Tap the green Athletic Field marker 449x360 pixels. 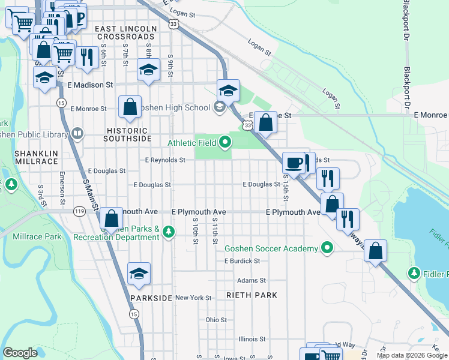(226, 142)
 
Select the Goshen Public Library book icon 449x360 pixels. (77, 133)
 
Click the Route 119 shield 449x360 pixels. (79, 211)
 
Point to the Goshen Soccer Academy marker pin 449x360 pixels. (327, 248)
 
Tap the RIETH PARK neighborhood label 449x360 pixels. (252, 295)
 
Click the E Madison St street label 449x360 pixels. (91, 86)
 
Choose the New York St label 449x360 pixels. (193, 298)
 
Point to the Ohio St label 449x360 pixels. (216, 320)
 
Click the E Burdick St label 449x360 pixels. (242, 261)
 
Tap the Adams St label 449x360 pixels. (251, 280)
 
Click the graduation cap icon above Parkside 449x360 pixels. (139, 274)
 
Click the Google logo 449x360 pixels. (20, 353)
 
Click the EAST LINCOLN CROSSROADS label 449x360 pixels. (125, 32)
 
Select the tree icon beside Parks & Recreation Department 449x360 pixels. (169, 232)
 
